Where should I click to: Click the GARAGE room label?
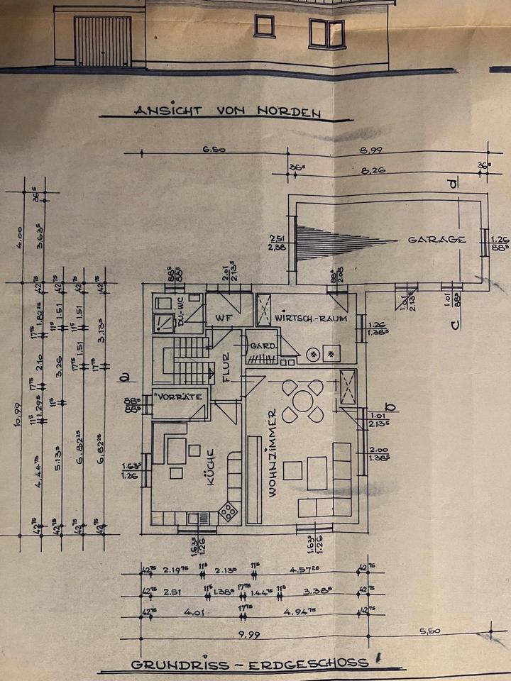coord(436,240)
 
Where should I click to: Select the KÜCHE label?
coord(211,470)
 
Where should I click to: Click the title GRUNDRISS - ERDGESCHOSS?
coord(249,663)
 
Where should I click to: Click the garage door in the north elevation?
coord(104,41)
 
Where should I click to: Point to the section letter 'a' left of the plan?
coord(123,376)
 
